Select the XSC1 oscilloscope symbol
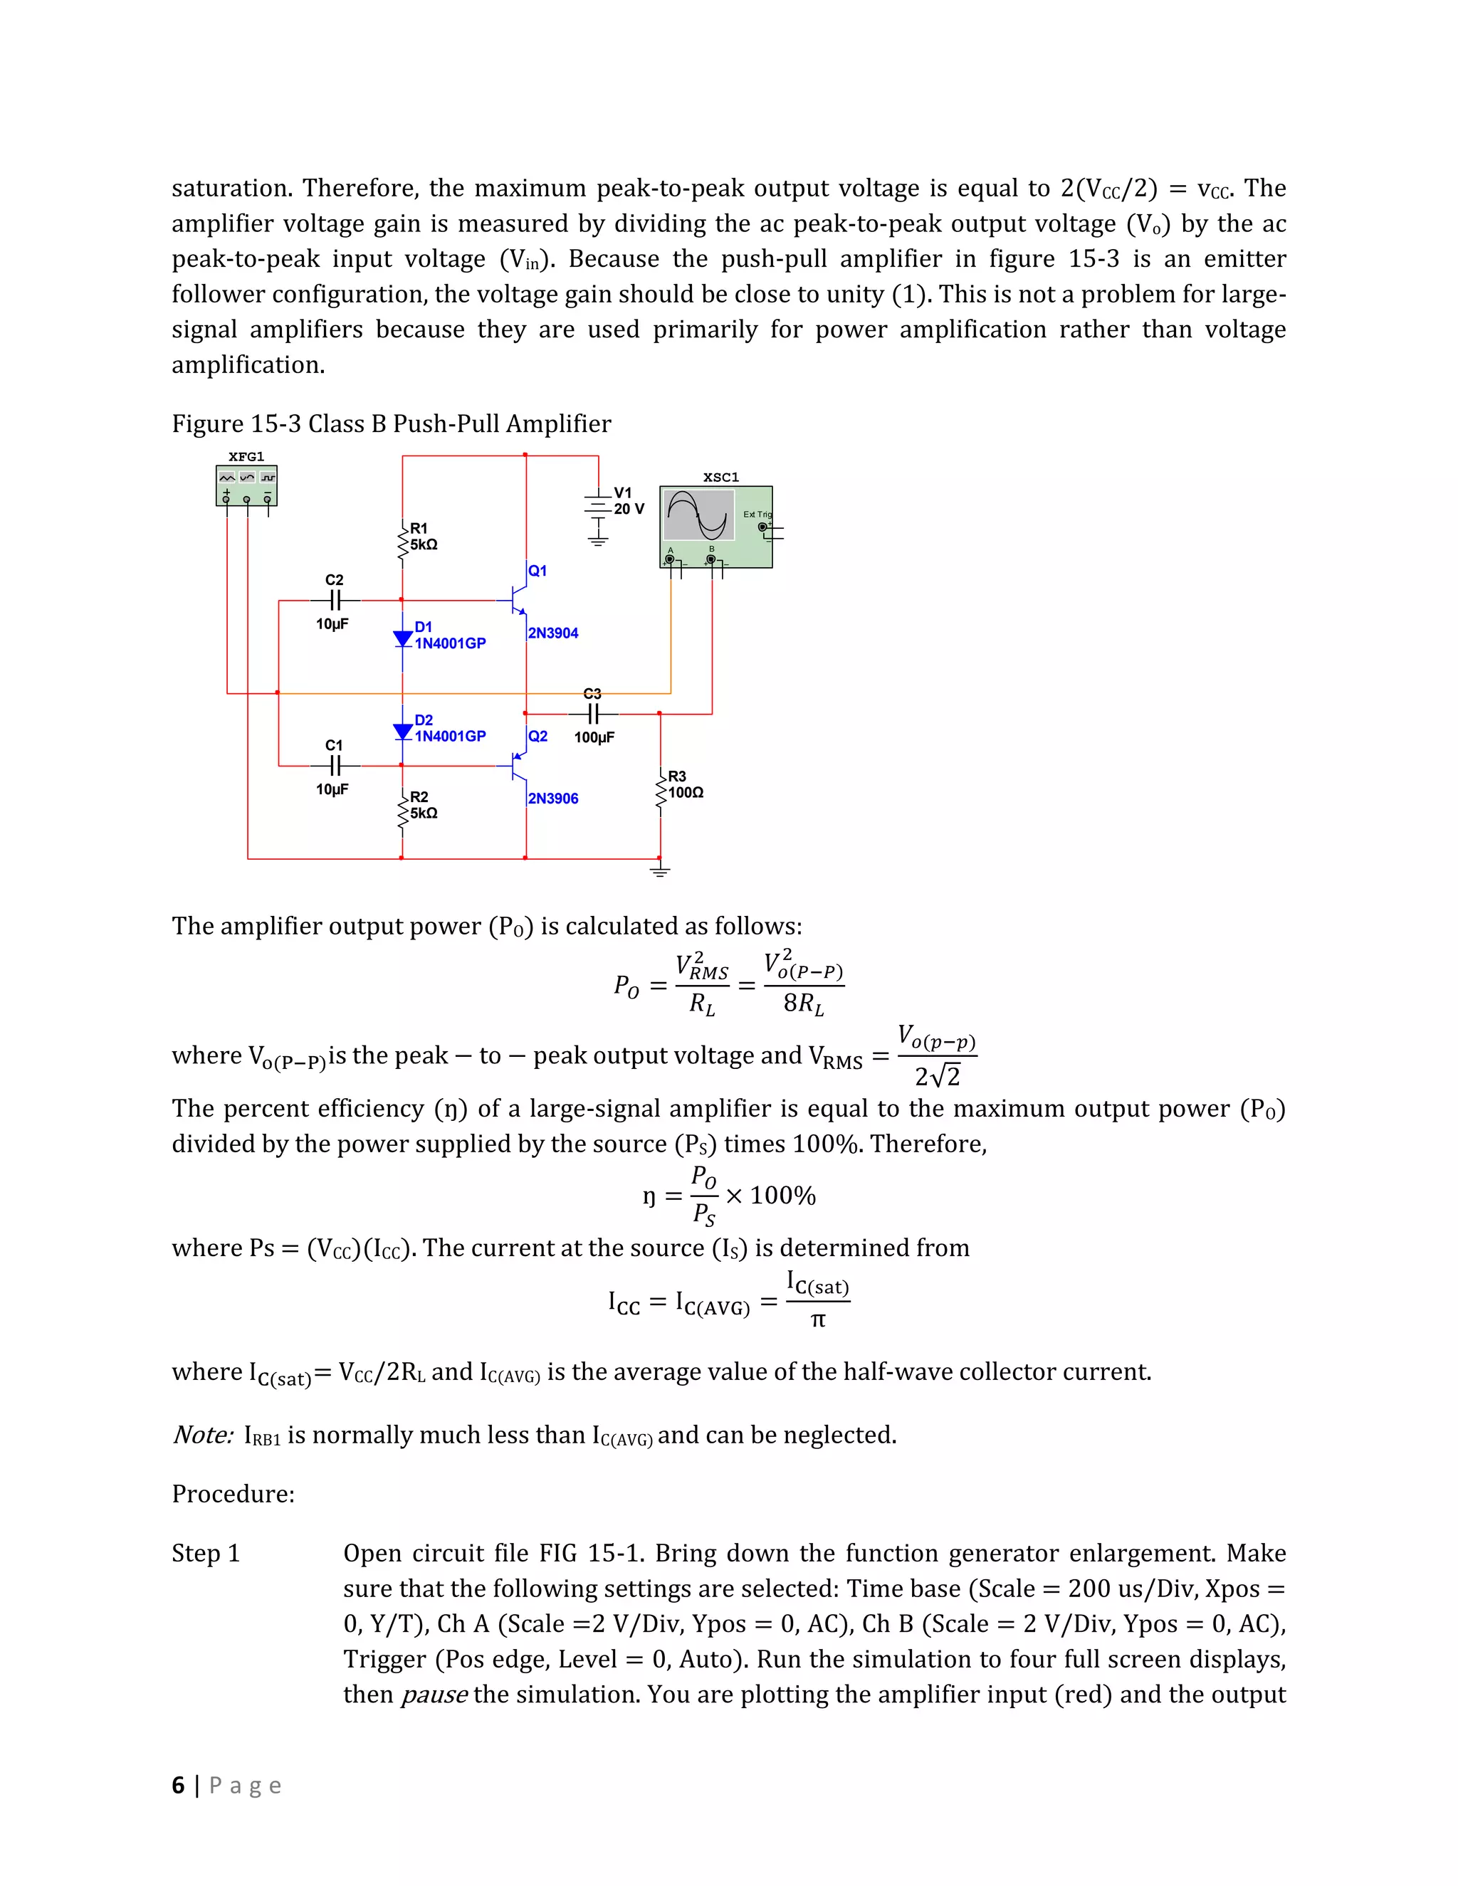coord(715,527)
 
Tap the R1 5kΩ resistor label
coord(424,537)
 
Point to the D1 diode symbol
coord(402,639)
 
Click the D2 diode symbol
coord(402,732)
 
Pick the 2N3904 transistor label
coord(552,633)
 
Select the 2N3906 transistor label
coord(552,799)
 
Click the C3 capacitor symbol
coord(592,714)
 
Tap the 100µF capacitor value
coord(594,737)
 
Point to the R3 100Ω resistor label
coord(685,784)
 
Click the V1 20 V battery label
coord(629,501)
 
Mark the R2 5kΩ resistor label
coord(424,805)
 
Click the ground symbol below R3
coord(660,870)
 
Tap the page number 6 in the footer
coord(178,1785)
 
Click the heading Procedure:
coord(234,1494)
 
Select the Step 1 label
coord(206,1554)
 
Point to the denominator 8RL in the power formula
coord(803,1003)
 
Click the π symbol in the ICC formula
coord(818,1320)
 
